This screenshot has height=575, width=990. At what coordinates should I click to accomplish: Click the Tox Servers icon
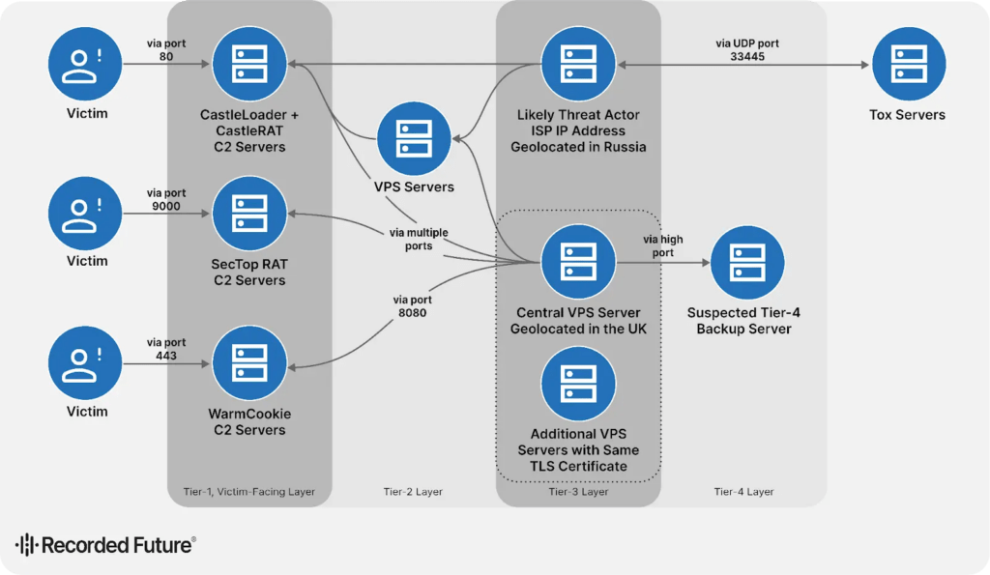click(x=907, y=65)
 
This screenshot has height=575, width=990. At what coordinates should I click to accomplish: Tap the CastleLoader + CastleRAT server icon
click(x=249, y=65)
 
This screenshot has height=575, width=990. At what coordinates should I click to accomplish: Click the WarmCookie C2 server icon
click(x=249, y=363)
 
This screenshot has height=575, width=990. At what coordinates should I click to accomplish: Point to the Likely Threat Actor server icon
click(x=578, y=65)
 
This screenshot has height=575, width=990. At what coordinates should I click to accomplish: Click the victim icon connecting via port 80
click(x=85, y=65)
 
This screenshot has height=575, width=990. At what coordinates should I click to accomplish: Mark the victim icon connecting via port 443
click(x=85, y=363)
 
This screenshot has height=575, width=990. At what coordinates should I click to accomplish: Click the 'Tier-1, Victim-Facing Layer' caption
click(x=249, y=492)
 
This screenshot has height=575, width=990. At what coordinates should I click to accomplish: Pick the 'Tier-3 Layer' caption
click(x=578, y=492)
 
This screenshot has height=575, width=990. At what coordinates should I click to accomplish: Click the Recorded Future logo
click(x=105, y=545)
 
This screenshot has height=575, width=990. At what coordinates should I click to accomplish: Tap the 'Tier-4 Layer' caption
click(x=743, y=492)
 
